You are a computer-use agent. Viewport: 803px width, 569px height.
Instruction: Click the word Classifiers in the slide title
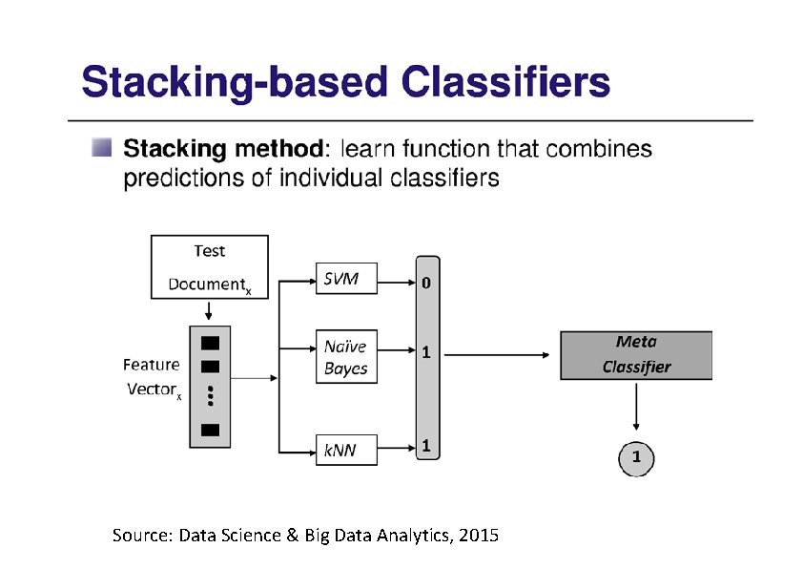(x=506, y=83)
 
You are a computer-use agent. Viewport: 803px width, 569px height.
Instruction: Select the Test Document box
(x=209, y=266)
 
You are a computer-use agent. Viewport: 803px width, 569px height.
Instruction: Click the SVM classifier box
(x=346, y=278)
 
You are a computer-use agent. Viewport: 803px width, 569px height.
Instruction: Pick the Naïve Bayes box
(x=346, y=357)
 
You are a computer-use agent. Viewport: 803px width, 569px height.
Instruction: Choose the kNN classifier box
(x=346, y=449)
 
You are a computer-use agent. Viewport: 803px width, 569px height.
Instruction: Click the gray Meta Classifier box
(x=635, y=355)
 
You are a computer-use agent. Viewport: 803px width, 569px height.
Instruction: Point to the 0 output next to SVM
(x=426, y=283)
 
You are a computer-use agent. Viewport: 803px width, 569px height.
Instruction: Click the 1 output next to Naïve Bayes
(x=426, y=352)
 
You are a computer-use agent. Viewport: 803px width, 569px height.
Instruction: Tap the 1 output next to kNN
(x=426, y=445)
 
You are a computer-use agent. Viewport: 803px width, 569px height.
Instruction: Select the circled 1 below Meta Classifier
(x=636, y=459)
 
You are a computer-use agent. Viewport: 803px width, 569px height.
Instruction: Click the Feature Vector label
(x=151, y=377)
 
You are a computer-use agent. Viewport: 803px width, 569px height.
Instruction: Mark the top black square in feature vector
(x=210, y=342)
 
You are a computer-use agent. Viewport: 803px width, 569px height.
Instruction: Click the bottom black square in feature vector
(x=210, y=430)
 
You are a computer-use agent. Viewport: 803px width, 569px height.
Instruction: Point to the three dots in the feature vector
(x=210, y=397)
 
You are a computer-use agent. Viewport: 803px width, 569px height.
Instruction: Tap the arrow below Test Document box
(x=209, y=311)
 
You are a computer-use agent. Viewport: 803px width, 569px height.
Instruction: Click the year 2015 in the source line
(x=478, y=535)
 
